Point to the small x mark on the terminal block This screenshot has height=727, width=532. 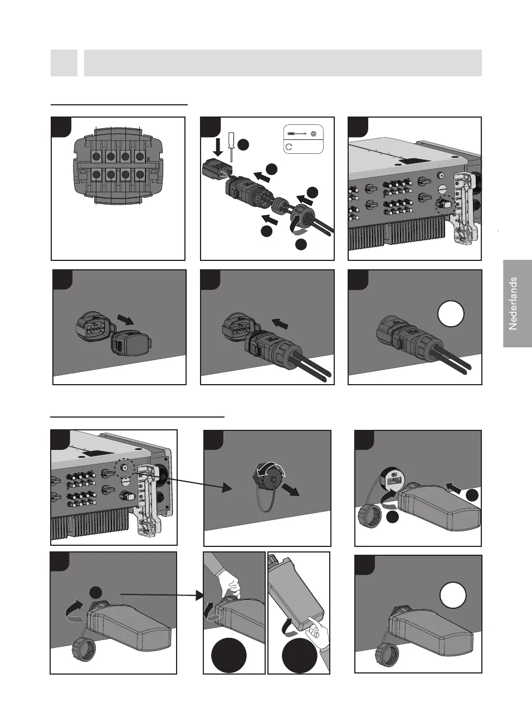click(x=147, y=159)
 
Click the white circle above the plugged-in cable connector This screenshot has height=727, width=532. click(x=451, y=314)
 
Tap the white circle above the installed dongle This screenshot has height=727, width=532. click(x=453, y=596)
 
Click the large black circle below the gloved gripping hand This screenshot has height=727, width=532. click(x=229, y=657)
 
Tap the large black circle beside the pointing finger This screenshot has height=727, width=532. click(x=299, y=657)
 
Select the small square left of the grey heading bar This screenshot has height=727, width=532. click(x=64, y=63)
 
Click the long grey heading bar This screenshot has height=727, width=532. click(x=282, y=63)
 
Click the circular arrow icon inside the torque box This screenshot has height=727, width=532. click(x=289, y=147)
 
